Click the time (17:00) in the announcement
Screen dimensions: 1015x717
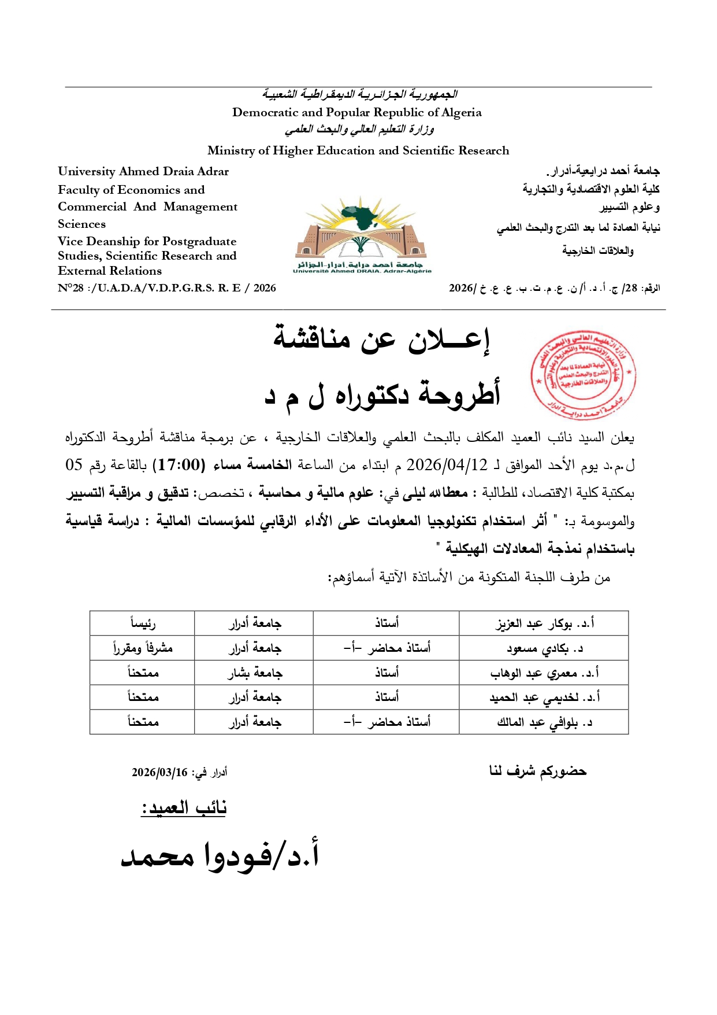click(x=179, y=465)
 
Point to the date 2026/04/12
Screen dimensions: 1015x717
click(x=447, y=465)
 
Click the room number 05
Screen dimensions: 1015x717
click(x=74, y=465)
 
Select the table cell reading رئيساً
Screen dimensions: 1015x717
click(x=142, y=623)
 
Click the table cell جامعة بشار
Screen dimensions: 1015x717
click(x=254, y=673)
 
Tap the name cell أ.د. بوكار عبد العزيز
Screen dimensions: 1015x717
click(x=544, y=623)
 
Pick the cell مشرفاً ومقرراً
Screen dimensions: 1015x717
click(x=142, y=648)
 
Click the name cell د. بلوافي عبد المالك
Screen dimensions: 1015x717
click(x=544, y=722)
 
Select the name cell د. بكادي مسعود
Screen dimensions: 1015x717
click(x=544, y=648)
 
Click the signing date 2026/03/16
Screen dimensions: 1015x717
click(x=159, y=773)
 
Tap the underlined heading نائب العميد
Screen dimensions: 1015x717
click(x=184, y=807)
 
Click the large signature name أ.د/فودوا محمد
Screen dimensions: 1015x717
click(x=220, y=855)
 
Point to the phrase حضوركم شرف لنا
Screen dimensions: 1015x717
click(x=537, y=771)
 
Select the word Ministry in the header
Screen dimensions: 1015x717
click(x=231, y=151)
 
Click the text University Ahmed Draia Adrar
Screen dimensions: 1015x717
click(x=143, y=172)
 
